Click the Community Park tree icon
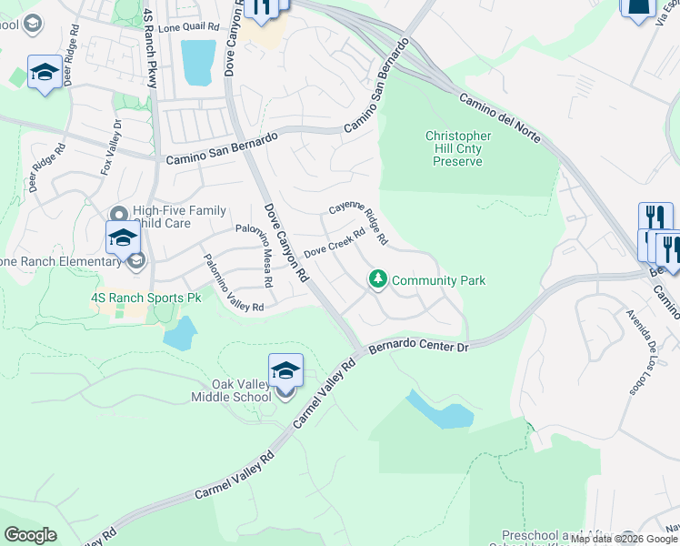pos(378,280)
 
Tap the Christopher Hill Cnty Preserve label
pos(458,148)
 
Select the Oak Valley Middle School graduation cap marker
pos(285,369)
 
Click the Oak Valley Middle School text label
pos(231,389)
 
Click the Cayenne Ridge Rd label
pos(359,219)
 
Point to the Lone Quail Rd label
pos(189,28)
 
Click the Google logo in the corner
pos(30,535)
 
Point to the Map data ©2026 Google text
pos(624,539)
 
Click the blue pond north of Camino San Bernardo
pos(198,62)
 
